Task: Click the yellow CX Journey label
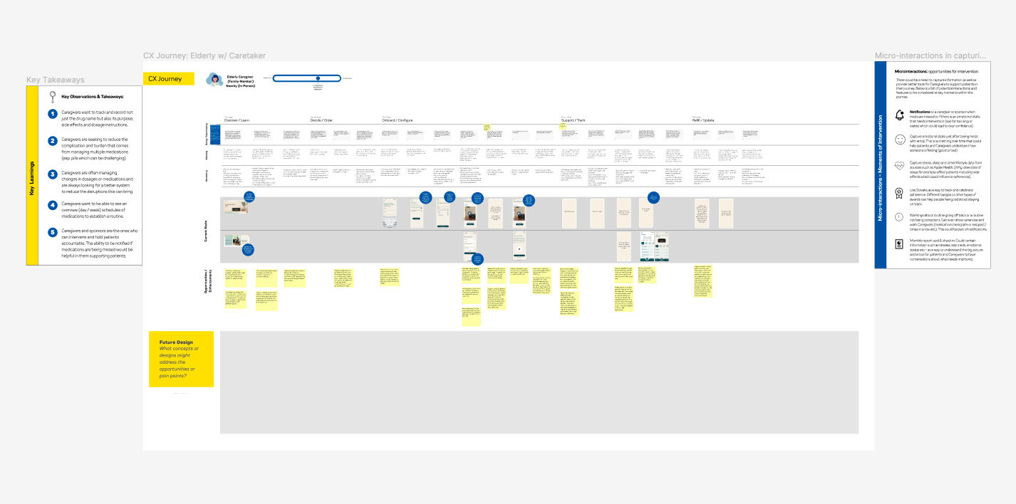169,79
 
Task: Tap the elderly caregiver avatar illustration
214,80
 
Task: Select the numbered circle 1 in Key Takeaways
52,114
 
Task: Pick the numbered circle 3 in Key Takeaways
52,174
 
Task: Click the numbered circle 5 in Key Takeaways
52,232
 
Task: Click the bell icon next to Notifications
899,115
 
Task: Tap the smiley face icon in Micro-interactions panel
899,140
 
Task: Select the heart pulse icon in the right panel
899,166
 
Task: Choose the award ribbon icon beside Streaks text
899,192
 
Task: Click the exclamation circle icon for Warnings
899,218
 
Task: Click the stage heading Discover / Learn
237,120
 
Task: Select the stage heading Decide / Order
321,120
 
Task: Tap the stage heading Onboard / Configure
398,120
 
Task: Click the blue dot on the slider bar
318,78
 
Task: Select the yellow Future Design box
181,359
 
